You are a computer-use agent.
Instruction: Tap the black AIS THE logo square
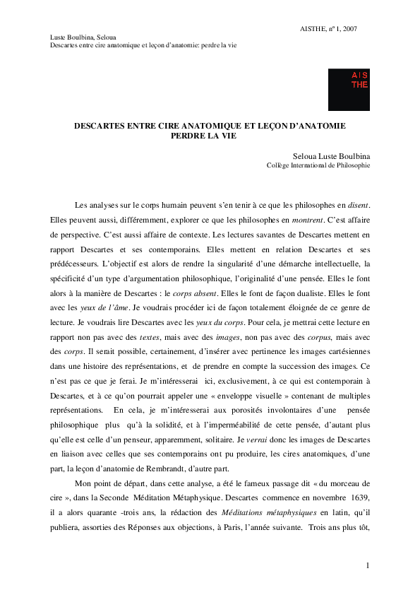(x=349, y=89)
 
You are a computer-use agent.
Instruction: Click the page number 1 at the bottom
(x=368, y=566)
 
